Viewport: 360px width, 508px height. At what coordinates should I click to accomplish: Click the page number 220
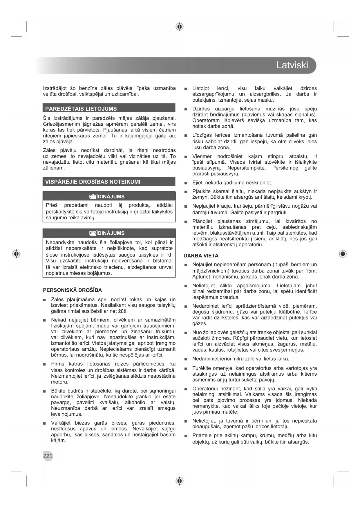click(x=48, y=456)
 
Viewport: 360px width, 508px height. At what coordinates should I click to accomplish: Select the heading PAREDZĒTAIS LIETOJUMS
click(x=81, y=109)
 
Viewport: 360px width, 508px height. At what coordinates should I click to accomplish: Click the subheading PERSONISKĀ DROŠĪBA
click(x=72, y=290)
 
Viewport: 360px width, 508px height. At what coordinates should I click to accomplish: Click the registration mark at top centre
click(x=180, y=27)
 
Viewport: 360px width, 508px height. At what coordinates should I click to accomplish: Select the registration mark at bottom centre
click(x=180, y=481)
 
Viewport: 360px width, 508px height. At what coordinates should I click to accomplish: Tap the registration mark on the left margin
click(x=17, y=254)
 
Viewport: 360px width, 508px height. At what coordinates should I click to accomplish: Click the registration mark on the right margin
click(x=343, y=254)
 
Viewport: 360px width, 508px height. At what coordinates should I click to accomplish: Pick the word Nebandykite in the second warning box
click(x=60, y=242)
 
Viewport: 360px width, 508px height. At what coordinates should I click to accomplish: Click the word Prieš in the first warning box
click(x=52, y=205)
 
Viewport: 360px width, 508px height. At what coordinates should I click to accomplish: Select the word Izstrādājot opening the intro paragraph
click(x=55, y=88)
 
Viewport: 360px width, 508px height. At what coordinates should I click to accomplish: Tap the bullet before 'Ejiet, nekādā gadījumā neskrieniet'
click(x=186, y=183)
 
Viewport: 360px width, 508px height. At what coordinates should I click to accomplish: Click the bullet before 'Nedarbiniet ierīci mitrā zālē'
click(x=186, y=359)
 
